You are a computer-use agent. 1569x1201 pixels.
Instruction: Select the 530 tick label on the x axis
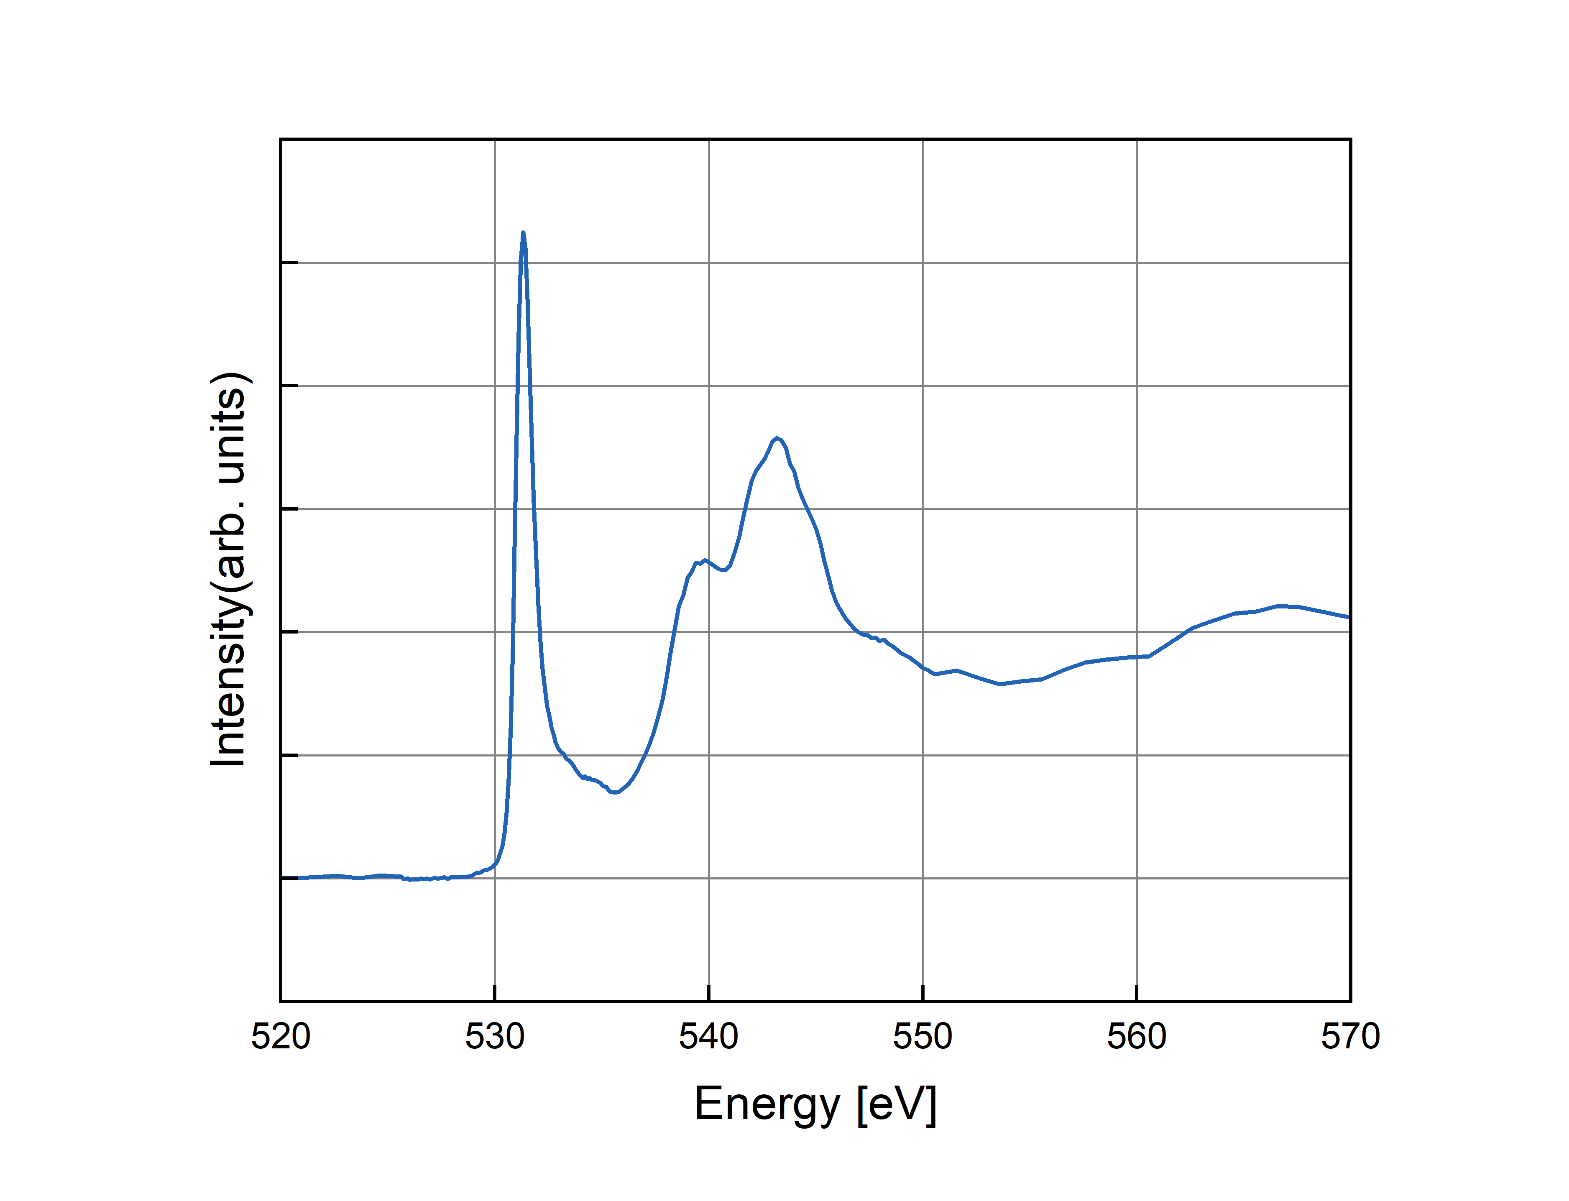[495, 1037]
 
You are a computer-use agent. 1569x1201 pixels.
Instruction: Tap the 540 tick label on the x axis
[708, 1037]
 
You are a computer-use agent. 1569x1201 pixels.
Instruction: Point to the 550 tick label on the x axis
[922, 1037]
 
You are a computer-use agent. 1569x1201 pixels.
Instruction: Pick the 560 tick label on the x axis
[1137, 1037]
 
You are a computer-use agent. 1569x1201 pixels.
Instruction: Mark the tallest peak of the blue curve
[523, 233]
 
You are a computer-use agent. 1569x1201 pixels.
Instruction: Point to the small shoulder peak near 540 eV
[705, 560]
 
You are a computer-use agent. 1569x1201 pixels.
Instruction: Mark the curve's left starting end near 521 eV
[299, 877]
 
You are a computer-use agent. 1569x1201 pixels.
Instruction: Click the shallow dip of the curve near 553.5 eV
[1000, 684]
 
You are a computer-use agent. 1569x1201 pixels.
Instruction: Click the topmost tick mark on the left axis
[289, 262]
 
